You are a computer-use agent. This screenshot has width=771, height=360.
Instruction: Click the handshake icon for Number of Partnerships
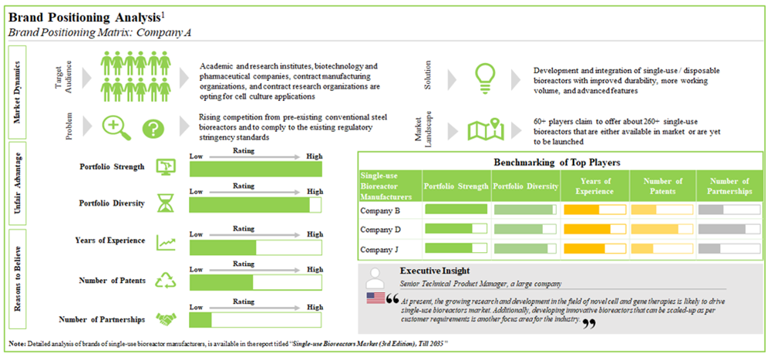[x=166, y=318]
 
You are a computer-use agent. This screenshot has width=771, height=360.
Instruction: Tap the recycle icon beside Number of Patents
[x=166, y=279]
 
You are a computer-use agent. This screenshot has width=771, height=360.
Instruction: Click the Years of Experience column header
[x=596, y=187]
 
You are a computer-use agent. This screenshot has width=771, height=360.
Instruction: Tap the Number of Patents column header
[x=662, y=187]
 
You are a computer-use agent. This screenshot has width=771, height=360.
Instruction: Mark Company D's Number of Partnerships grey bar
[x=725, y=229]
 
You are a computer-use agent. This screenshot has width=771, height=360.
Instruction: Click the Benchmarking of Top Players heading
[x=557, y=163]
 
